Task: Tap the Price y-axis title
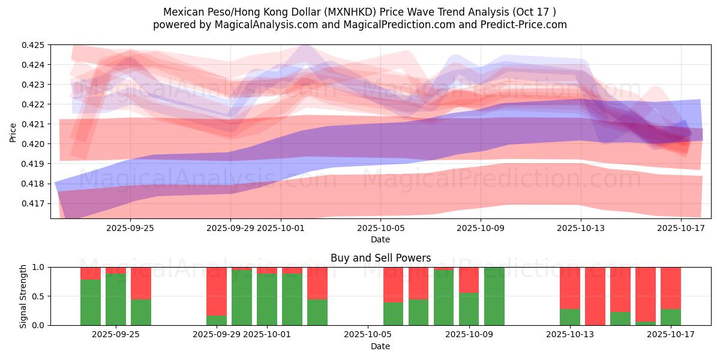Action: pyautogui.click(x=13, y=132)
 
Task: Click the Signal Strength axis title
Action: pyautogui.click(x=23, y=296)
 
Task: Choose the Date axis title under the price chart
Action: pyautogui.click(x=380, y=239)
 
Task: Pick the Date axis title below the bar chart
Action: pyautogui.click(x=380, y=346)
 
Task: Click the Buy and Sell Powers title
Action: pyautogui.click(x=380, y=258)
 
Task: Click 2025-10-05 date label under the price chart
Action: pyautogui.click(x=380, y=228)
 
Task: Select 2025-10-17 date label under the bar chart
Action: pyautogui.click(x=670, y=335)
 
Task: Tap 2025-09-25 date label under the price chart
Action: pyautogui.click(x=130, y=228)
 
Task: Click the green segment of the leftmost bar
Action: pyautogui.click(x=91, y=302)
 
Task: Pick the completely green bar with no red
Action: pyautogui.click(x=494, y=296)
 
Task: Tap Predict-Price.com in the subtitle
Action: pyautogui.click(x=526, y=25)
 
